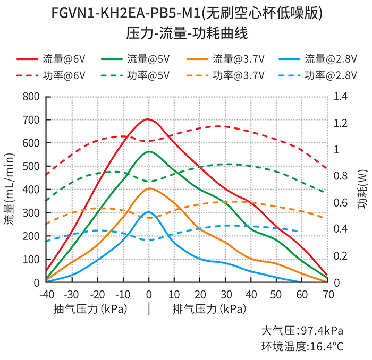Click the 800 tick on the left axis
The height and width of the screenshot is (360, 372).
[31, 97]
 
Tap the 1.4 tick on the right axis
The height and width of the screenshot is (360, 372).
[341, 97]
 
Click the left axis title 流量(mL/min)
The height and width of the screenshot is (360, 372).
[9, 189]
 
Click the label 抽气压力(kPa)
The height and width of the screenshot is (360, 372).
[90, 308]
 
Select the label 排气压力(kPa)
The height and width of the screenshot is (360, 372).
[208, 308]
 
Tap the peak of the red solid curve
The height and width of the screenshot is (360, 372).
[148, 119]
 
